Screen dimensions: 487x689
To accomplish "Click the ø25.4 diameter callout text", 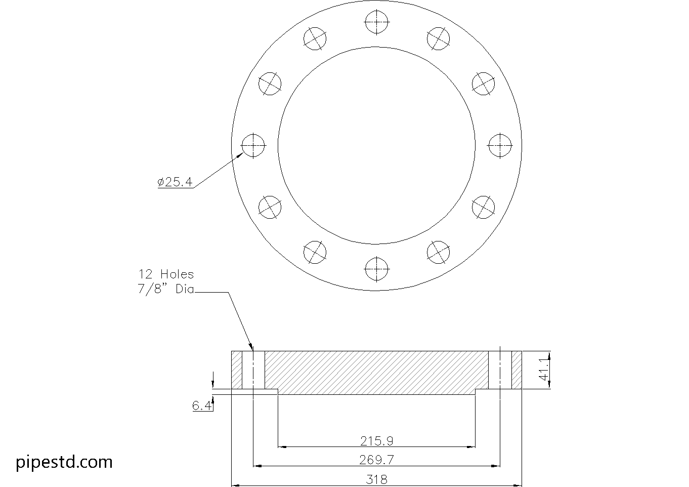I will point(175,182).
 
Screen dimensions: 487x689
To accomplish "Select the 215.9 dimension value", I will point(376,441).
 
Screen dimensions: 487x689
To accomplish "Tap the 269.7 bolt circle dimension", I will point(376,460).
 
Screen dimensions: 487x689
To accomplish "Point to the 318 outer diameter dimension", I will point(376,479).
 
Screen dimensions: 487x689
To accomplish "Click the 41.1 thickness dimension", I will point(543,370).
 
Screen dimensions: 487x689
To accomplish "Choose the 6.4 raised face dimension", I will point(201,405).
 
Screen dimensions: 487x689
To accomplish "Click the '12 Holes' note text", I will point(166,274).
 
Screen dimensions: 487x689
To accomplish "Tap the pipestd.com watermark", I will point(64,462).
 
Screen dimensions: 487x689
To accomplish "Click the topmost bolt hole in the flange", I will point(376,23).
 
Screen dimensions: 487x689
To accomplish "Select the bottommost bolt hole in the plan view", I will point(376,268).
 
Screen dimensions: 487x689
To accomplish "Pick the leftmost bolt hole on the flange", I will point(253,145).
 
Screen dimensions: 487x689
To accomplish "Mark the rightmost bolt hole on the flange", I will point(500,145).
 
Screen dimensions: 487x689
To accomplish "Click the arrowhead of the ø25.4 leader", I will point(239,156).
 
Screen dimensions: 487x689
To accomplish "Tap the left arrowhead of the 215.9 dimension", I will point(281,447).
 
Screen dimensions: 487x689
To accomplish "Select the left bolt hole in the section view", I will point(253,370).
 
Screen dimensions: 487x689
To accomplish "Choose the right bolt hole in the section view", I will point(500,370).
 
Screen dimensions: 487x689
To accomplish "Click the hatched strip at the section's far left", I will point(237,370).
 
